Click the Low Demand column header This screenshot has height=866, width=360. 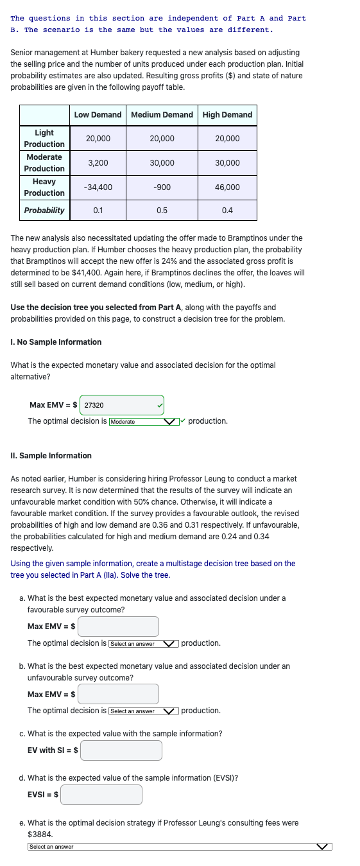(x=98, y=115)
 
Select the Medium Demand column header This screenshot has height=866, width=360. (x=162, y=115)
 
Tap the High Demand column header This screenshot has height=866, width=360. (x=227, y=115)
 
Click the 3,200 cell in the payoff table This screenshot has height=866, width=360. (x=98, y=163)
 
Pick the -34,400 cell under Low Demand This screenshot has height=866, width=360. (x=98, y=187)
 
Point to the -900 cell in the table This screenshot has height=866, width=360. (x=162, y=187)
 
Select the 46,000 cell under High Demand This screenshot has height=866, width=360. (x=227, y=187)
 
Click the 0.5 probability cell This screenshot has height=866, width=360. (x=162, y=211)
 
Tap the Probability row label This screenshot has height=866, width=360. (x=44, y=211)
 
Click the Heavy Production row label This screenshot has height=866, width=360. (x=44, y=187)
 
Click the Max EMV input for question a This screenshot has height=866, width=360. (x=119, y=626)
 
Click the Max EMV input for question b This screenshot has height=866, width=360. (x=119, y=693)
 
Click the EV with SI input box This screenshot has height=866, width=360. (x=121, y=750)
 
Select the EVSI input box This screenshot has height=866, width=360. (x=101, y=794)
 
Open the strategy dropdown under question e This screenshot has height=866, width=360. (x=180, y=847)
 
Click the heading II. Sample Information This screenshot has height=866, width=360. (x=51, y=456)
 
